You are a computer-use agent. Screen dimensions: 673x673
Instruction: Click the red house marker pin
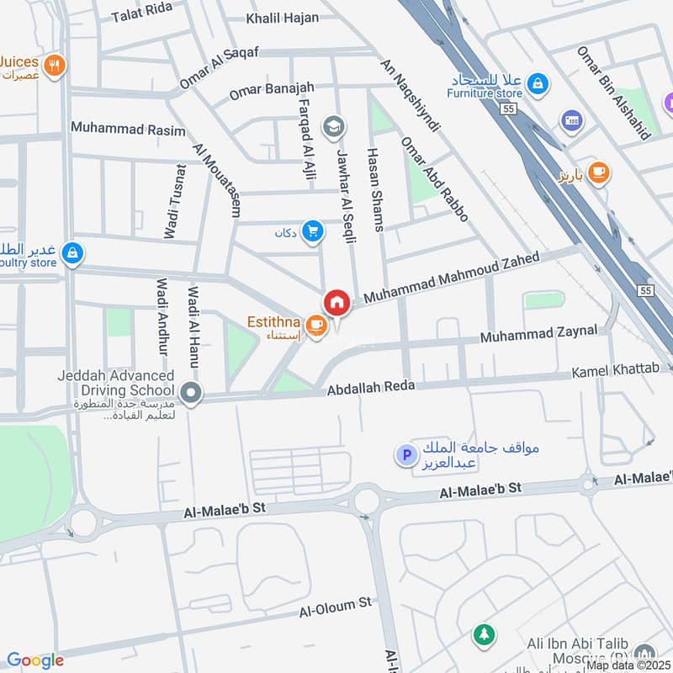pos(336,302)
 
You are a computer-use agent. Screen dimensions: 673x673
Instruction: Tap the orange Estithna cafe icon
pos(316,324)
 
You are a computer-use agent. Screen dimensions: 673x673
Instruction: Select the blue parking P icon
pos(405,456)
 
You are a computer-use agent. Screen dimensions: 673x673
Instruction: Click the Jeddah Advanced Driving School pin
pos(192,392)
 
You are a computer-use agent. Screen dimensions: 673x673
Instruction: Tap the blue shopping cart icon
pos(313,230)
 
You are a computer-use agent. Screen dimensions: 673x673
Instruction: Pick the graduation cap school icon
pos(334,126)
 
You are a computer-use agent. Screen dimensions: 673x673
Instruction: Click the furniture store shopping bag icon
pos(539,83)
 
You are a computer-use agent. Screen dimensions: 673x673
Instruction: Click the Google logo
pos(35,660)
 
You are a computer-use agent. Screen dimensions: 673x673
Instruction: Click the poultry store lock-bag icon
pos(73,252)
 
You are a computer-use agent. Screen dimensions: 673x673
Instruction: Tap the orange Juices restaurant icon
pos(55,65)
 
